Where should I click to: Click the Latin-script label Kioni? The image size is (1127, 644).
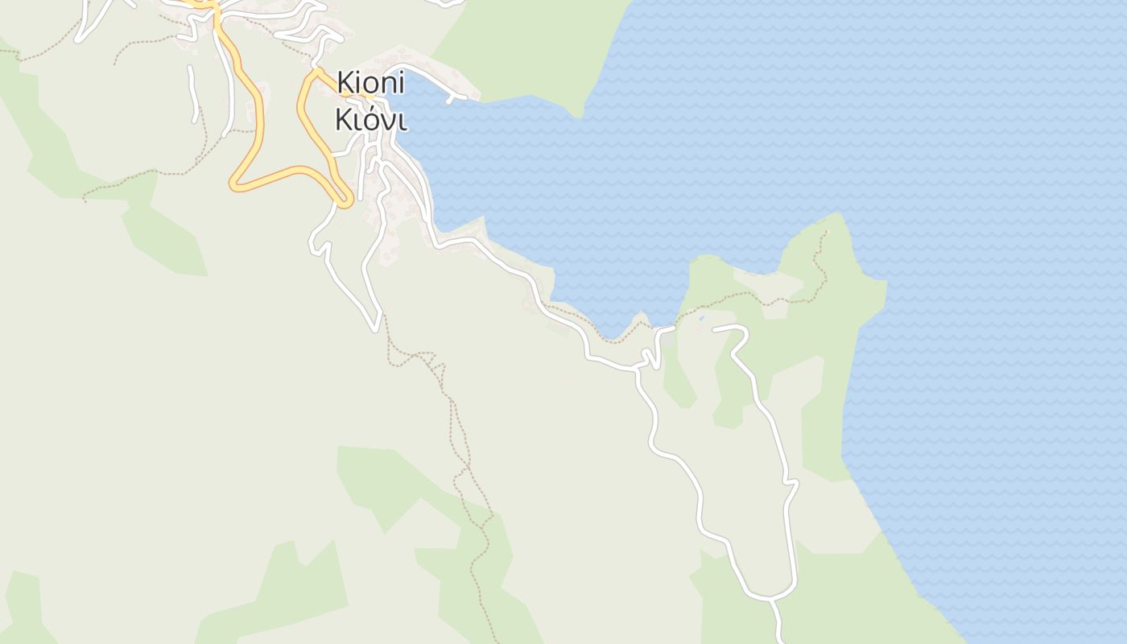(x=370, y=82)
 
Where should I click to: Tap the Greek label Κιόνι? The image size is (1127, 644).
(x=370, y=119)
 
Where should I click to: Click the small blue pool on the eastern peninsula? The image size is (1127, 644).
(x=701, y=319)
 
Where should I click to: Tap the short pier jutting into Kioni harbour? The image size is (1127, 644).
(x=456, y=99)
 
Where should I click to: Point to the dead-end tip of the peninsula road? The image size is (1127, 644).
(x=715, y=328)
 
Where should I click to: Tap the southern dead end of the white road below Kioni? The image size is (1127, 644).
(x=375, y=328)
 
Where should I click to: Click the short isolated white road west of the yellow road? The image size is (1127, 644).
(x=192, y=94)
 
